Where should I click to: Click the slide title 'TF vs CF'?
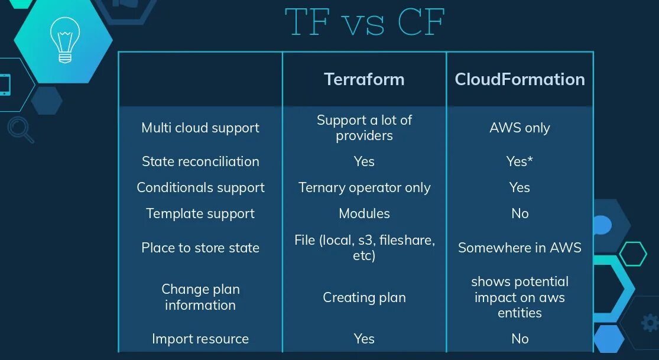pos(364,22)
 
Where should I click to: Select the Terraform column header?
pos(364,79)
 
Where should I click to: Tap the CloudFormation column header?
pos(520,79)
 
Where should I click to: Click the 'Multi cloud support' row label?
pos(200,128)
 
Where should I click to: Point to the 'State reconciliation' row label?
pos(200,161)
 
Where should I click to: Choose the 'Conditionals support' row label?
pos(200,187)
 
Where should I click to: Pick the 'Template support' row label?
pos(200,213)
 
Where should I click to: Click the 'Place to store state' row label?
pos(200,248)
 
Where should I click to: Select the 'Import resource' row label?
pos(200,339)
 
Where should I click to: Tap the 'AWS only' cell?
pos(520,128)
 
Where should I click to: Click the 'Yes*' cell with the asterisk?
pos(520,161)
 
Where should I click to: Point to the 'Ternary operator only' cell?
pos(364,187)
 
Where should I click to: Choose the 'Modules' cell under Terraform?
pos(364,213)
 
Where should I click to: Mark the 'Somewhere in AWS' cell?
pos(520,248)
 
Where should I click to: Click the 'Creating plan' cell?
pos(364,297)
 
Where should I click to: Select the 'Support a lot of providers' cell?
pos(364,128)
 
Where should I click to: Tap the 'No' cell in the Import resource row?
pos(520,339)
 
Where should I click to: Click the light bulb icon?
pos(64,40)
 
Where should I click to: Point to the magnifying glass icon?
pos(20,129)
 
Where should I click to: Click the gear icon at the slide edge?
pos(649,323)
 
